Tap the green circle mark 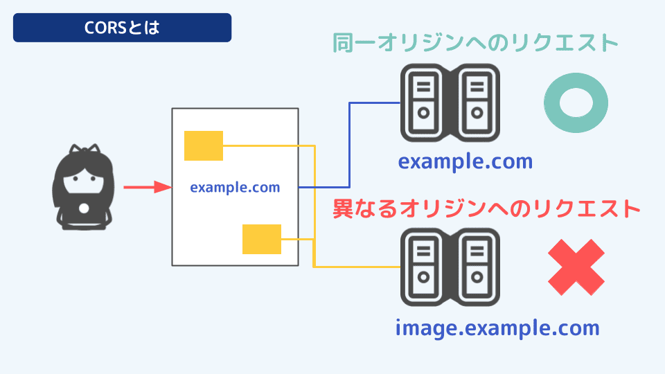(x=576, y=103)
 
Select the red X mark (x=576, y=267)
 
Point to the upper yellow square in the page (x=203, y=145)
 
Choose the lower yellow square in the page (x=261, y=239)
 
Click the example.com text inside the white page (x=235, y=187)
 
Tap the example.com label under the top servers (x=465, y=161)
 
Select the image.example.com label (x=497, y=327)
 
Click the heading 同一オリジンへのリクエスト (x=475, y=43)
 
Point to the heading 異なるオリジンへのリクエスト (x=485, y=208)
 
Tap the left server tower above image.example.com (x=424, y=267)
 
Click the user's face (x=83, y=183)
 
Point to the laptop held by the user (x=83, y=212)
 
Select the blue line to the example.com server (x=350, y=145)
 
